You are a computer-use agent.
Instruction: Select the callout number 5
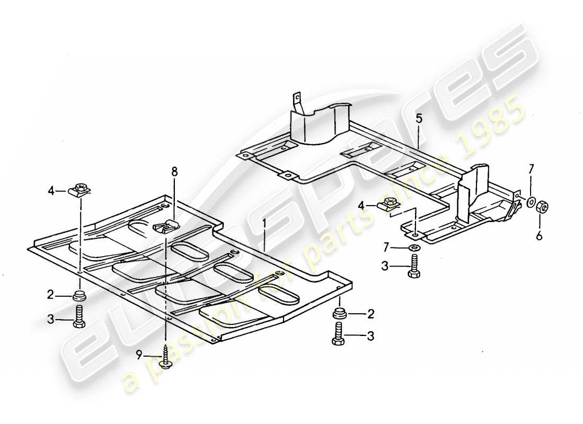pyautogui.click(x=419, y=119)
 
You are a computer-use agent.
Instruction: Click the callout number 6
pyautogui.click(x=539, y=236)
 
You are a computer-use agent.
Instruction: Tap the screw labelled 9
pyautogui.click(x=165, y=358)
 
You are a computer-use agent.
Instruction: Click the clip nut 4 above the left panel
pyautogui.click(x=81, y=189)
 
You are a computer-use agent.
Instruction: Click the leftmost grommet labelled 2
pyautogui.click(x=79, y=295)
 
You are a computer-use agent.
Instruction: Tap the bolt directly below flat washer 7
pyautogui.click(x=414, y=266)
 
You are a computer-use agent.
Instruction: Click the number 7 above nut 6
pyautogui.click(x=530, y=169)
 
